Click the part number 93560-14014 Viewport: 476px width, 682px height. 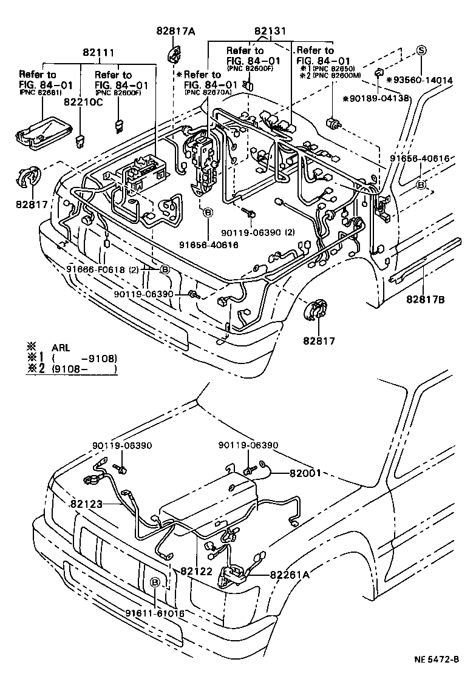pos(431,79)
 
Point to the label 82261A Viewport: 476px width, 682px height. pos(290,574)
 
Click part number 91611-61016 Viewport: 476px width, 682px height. pos(155,613)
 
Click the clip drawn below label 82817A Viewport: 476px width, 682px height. pos(174,54)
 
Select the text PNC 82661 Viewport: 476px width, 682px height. pos(41,92)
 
